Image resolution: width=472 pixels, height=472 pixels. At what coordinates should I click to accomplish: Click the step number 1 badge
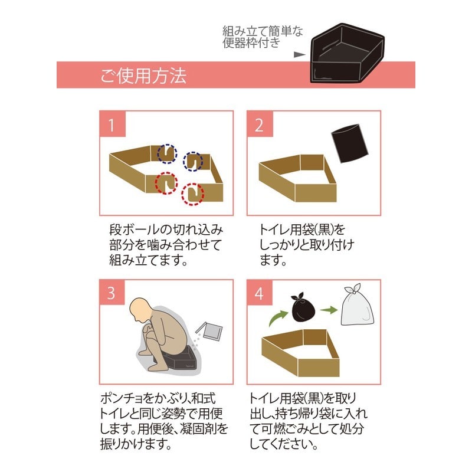110,125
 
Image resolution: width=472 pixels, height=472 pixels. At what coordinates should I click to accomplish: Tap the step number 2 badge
259,125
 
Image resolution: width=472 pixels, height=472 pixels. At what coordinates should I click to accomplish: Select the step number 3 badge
110,293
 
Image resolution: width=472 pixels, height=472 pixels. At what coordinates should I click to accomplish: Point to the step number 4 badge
259,293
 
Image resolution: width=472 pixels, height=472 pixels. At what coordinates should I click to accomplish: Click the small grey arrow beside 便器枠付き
300,54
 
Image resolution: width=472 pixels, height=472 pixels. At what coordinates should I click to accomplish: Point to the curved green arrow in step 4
275,318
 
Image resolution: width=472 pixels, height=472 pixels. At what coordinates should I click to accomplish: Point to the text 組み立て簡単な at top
262,31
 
